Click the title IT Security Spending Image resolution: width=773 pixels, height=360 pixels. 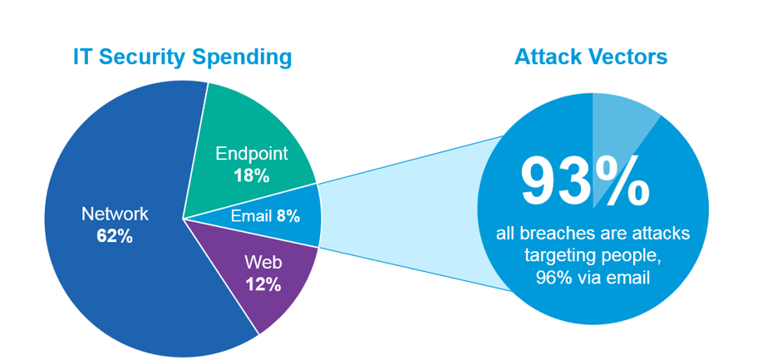click(182, 57)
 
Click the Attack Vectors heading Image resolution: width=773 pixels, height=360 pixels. click(591, 57)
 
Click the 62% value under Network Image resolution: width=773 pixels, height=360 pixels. click(115, 236)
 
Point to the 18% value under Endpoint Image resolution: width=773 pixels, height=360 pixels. click(251, 176)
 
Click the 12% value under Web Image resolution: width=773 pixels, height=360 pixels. click(263, 284)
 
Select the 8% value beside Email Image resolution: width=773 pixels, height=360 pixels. click(288, 216)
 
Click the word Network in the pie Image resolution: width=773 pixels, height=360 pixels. click(115, 214)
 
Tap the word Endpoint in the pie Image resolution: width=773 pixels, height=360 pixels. click(251, 154)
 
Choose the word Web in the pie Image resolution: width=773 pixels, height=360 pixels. click(263, 263)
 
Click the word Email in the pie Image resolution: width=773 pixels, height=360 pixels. click(252, 216)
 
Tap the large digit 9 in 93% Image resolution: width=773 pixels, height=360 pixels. click(539, 180)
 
